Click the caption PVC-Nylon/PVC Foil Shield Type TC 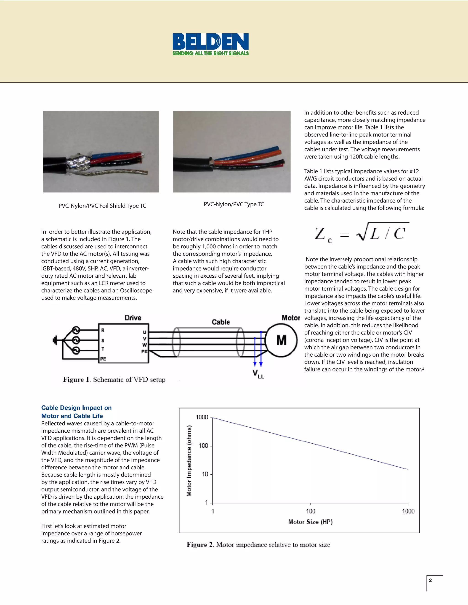[102, 206]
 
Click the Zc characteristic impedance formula [360, 233]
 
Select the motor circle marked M [281, 340]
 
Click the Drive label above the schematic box [133, 318]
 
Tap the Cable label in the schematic [221, 322]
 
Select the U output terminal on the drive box [144, 332]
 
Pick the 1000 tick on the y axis [202, 417]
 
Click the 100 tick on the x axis [311, 511]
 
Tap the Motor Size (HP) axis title [310, 522]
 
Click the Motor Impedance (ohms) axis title [189, 461]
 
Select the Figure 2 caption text [258, 544]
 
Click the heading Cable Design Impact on [76, 408]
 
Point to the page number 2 [430, 580]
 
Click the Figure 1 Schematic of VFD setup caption [114, 379]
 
